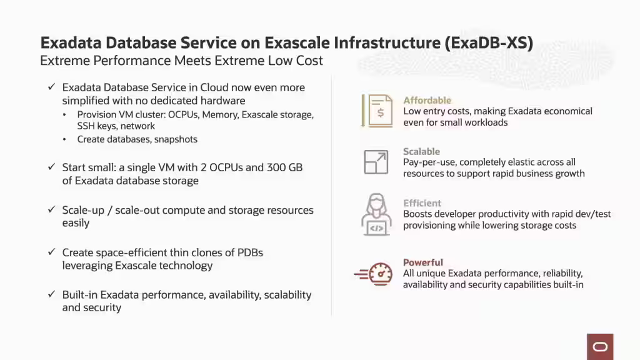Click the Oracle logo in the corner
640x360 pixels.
tap(600, 347)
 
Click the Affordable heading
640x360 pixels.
tap(427, 100)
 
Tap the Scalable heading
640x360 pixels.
tap(421, 151)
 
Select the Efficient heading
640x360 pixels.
tap(422, 203)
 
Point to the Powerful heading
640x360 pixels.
tap(423, 262)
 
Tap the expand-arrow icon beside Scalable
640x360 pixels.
tap(376, 162)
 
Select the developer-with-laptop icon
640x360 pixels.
tap(376, 214)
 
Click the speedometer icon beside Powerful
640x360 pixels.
tap(374, 274)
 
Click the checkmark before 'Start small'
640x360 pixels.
tap(52, 167)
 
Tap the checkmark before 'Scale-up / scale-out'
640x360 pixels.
tap(52, 210)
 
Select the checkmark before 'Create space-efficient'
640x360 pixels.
tap(52, 252)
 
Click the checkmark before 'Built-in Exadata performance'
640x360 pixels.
tap(52, 294)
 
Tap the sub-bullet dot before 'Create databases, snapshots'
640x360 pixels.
tap(65, 139)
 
